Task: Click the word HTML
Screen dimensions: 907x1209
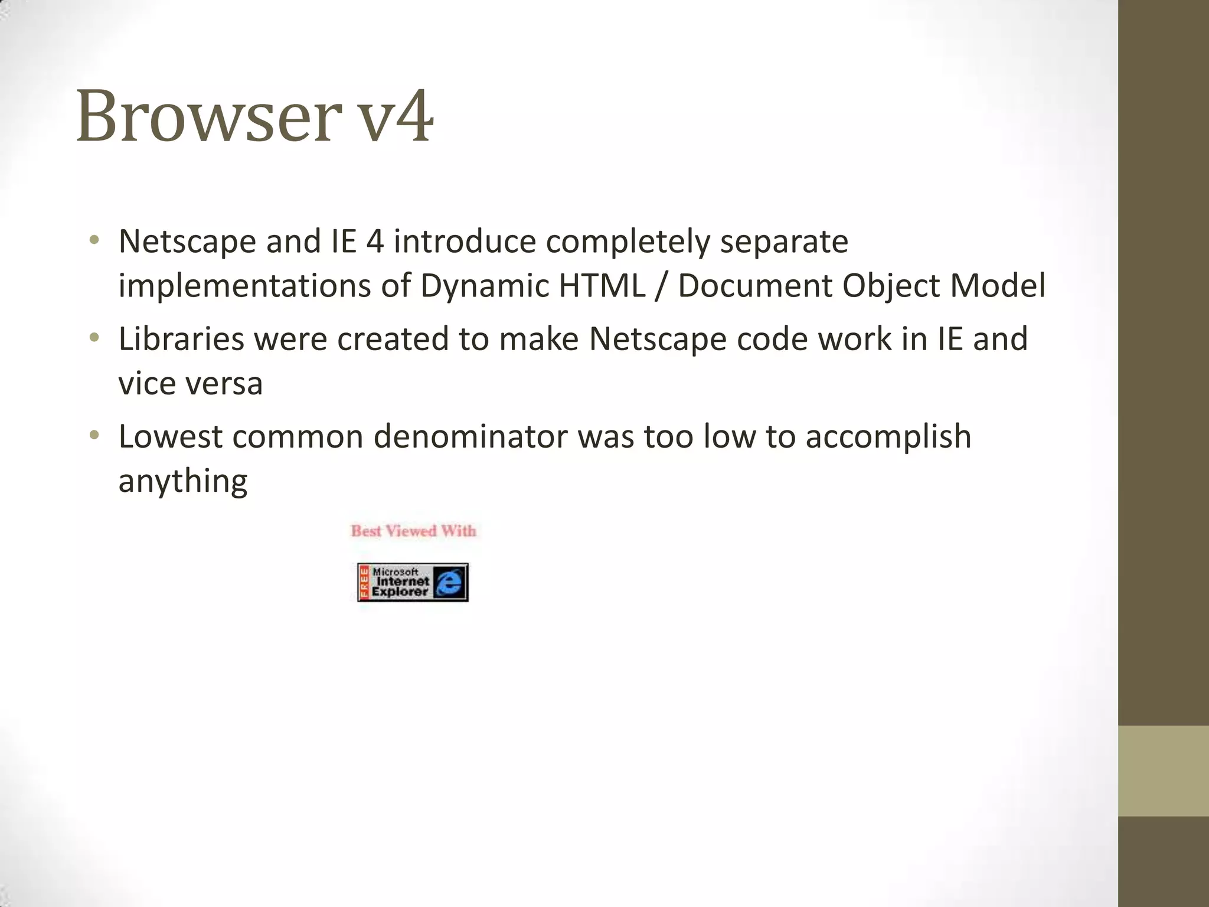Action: (602, 286)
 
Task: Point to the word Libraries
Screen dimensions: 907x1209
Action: (181, 339)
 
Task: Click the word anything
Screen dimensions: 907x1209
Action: (182, 482)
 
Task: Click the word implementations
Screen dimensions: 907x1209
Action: (244, 286)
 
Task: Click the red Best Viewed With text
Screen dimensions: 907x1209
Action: (413, 531)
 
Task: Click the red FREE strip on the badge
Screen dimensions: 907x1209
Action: (364, 583)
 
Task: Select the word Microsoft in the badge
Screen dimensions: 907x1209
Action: (395, 572)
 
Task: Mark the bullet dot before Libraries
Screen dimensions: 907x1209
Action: (94, 338)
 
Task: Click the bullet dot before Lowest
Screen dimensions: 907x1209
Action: (94, 436)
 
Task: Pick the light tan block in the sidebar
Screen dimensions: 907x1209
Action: (1163, 771)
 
